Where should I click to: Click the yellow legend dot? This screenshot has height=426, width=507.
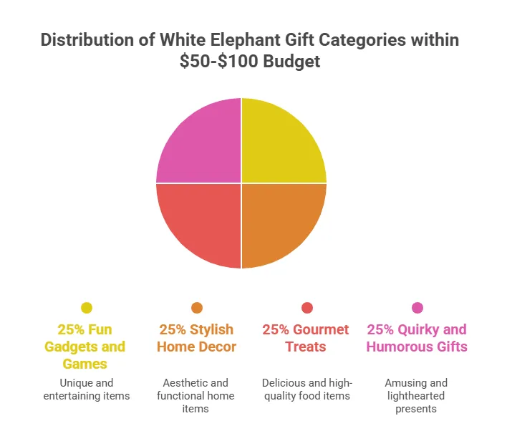(x=87, y=308)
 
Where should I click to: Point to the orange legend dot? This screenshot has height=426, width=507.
(x=197, y=308)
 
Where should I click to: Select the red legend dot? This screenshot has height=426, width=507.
(x=307, y=308)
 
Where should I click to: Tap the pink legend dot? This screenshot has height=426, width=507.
(x=417, y=308)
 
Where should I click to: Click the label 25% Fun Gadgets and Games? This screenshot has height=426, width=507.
(x=87, y=347)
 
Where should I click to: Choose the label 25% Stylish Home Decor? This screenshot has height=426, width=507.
(x=197, y=339)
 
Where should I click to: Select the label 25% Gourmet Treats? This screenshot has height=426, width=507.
(x=307, y=339)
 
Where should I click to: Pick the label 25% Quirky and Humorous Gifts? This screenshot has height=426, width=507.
(x=417, y=339)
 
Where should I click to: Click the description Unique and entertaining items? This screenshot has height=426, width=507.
(x=87, y=389)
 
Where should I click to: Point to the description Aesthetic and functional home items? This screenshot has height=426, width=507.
(x=197, y=396)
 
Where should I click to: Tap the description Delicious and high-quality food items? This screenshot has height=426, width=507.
(x=307, y=389)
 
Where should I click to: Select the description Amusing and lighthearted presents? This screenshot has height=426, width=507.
(x=417, y=396)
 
